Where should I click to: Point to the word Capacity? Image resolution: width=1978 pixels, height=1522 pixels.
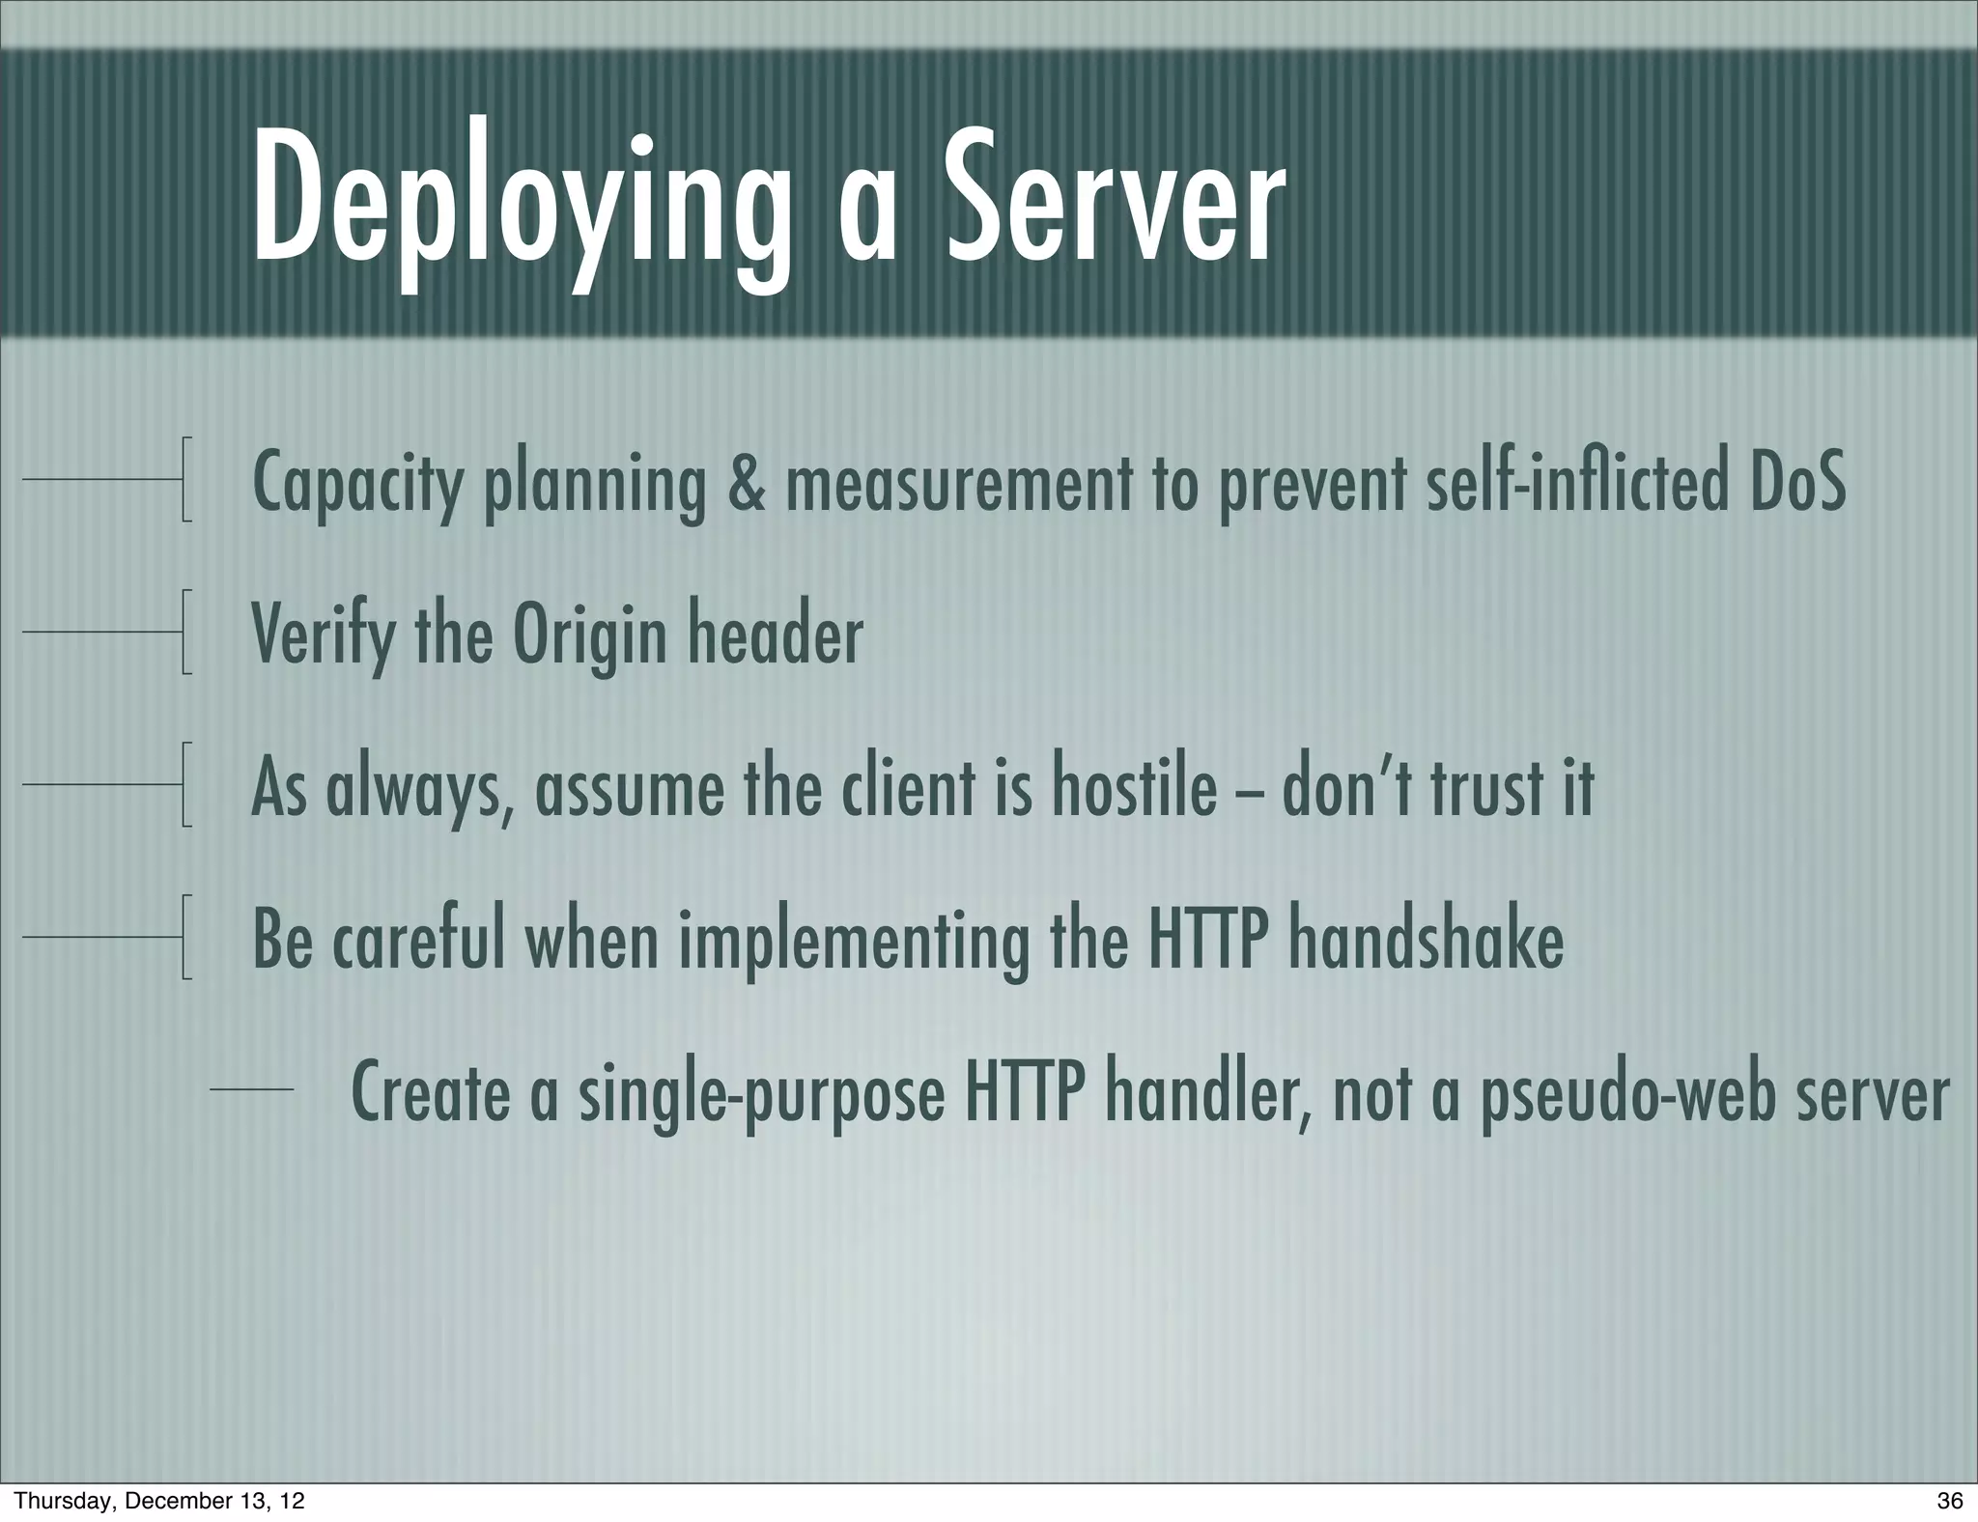click(357, 485)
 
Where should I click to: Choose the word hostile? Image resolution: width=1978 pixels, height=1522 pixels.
click(1134, 787)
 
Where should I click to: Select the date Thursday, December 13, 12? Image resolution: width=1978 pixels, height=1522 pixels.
click(160, 1501)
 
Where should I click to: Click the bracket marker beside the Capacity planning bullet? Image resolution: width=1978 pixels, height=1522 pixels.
click(185, 479)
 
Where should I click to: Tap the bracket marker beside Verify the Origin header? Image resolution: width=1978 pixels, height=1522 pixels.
click(185, 632)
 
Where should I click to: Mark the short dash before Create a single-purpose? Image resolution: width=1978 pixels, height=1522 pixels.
click(252, 1089)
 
